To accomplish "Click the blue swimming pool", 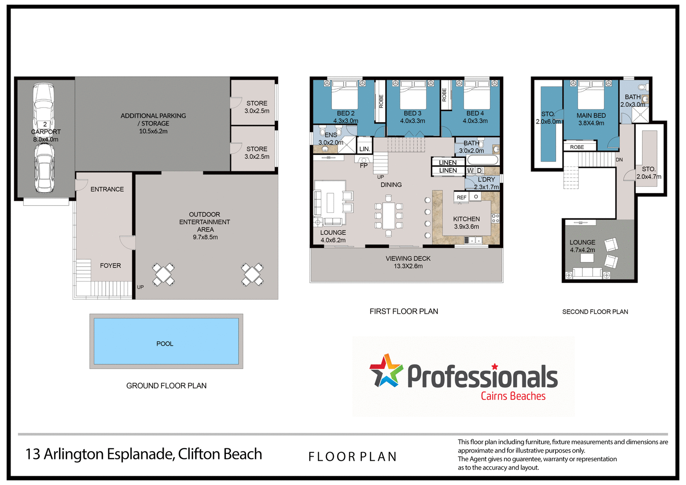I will tap(166, 341).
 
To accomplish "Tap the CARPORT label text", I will tap(46, 132).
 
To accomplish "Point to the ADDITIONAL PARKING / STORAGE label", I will tap(153, 123).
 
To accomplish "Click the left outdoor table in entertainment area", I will tap(163, 274).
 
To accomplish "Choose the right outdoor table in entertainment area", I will tap(252, 274).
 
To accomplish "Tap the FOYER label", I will tap(110, 265).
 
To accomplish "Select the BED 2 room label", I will tap(346, 113).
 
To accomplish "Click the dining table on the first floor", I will tap(389, 216).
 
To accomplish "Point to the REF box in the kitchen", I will tap(461, 197).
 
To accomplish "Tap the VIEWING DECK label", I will tap(408, 259).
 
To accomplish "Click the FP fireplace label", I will tap(364, 166).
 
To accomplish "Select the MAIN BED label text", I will tap(591, 116).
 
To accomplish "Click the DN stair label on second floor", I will tap(619, 160).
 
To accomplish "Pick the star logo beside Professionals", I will tap(386, 371).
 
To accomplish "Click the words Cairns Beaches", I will tap(513, 396).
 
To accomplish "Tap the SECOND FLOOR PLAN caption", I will tap(595, 312).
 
